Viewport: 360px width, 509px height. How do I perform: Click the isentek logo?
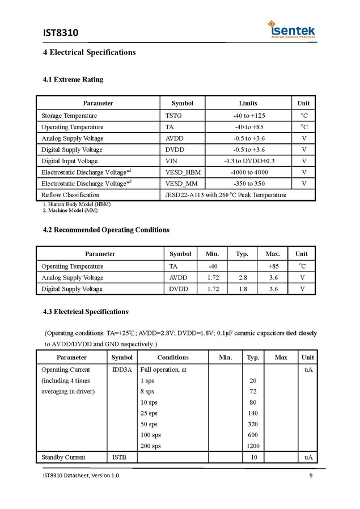point(292,30)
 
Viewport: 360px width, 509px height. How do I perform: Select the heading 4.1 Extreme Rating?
point(73,79)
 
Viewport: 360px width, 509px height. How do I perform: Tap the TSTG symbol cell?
point(173,116)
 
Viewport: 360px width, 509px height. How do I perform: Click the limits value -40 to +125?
point(249,116)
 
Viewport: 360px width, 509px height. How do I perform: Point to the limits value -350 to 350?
point(249,184)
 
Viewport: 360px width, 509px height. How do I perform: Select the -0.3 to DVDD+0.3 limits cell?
point(249,161)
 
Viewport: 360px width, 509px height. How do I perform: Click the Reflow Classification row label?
point(70,195)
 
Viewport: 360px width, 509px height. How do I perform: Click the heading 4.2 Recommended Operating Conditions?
point(106,230)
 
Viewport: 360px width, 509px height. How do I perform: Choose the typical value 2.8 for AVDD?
point(242,278)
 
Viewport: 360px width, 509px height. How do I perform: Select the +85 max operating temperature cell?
point(273,266)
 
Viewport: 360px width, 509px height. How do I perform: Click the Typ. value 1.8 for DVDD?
point(242,289)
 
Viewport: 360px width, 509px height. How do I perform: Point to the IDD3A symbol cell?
point(121,370)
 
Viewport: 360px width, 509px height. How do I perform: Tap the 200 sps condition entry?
point(150,446)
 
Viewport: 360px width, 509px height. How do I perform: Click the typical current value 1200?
point(253,446)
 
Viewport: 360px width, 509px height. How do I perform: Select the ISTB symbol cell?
point(119,457)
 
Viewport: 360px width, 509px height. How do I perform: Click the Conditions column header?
point(173,358)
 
